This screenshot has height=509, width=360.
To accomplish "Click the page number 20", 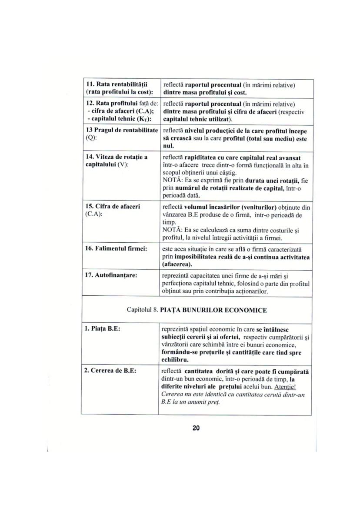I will [x=196, y=428].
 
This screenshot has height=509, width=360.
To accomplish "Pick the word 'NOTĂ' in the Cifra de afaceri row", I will [x=172, y=230].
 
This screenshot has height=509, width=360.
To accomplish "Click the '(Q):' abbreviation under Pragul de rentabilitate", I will [x=91, y=137].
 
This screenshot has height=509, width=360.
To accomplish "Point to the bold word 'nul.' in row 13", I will [x=168, y=145].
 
